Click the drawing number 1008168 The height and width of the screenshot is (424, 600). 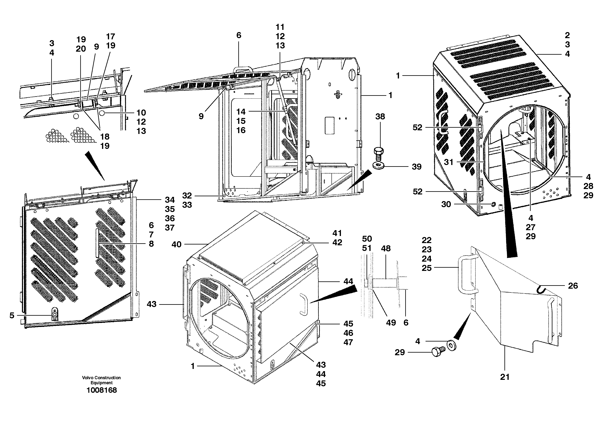tap(101, 390)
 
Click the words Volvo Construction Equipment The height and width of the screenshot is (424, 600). tap(101, 380)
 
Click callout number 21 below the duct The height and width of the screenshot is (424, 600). tap(505, 377)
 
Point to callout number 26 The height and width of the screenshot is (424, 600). tap(573, 286)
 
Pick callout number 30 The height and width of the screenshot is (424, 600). tap(446, 204)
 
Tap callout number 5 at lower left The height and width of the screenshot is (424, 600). tap(12, 315)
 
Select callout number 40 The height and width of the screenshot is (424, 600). tap(176, 244)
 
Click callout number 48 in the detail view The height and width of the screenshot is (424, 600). tap(386, 249)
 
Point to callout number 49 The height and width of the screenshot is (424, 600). tap(391, 323)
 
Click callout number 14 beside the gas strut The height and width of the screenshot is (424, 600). tap(241, 112)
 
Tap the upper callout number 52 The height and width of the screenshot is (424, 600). tap(417, 127)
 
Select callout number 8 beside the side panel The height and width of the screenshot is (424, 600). tap(151, 244)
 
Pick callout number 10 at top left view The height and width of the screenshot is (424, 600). tap(141, 113)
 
